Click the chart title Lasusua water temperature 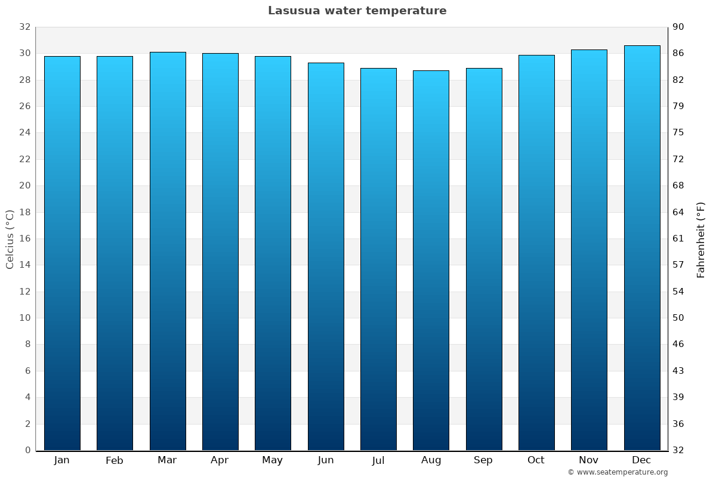[x=357, y=11]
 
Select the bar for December [x=642, y=247]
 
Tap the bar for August [x=431, y=260]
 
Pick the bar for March [x=168, y=250]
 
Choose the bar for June [x=326, y=256]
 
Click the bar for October [x=536, y=252]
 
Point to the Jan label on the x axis [x=61, y=460]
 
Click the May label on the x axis [x=273, y=460]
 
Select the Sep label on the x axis [x=483, y=460]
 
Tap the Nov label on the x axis [x=589, y=460]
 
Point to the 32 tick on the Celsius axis [x=24, y=27]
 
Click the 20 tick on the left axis [x=24, y=185]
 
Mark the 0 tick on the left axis [x=27, y=450]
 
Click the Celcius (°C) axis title [x=10, y=238]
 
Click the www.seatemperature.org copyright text [x=618, y=472]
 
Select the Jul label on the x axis [x=378, y=460]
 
